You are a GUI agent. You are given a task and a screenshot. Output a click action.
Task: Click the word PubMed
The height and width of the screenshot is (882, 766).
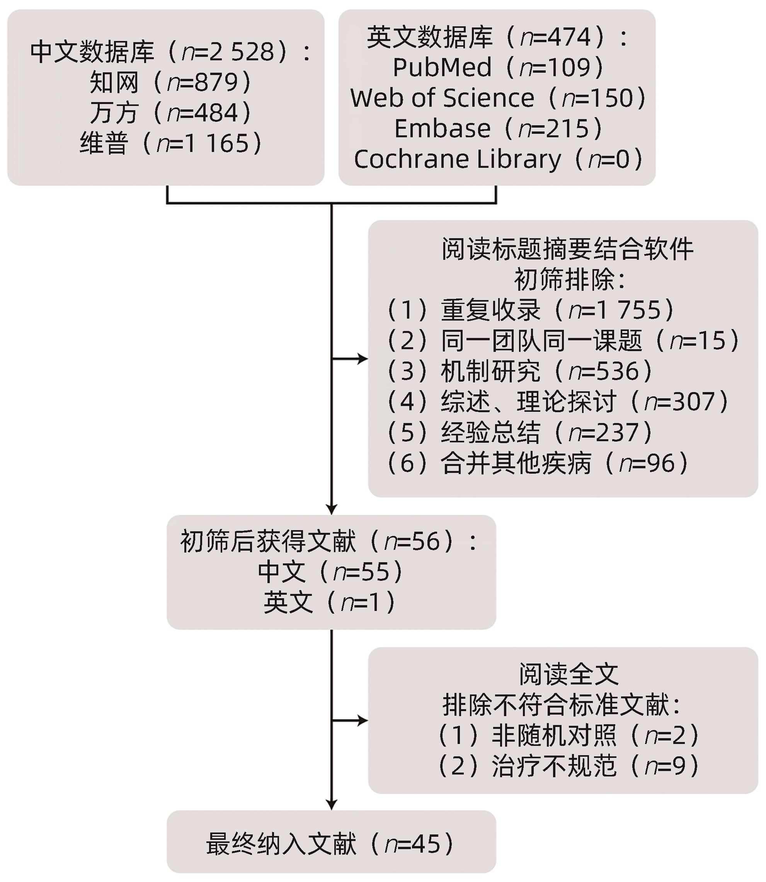442,68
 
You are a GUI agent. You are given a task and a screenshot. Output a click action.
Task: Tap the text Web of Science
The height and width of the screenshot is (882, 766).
442,98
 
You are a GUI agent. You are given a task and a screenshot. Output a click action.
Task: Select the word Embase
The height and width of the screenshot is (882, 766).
442,128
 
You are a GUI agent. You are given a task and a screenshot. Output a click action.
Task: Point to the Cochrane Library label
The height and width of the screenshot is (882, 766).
457,159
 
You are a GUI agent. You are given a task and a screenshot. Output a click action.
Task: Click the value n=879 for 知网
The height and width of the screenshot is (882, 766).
202,82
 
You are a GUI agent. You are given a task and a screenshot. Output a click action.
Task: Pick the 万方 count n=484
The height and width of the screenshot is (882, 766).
202,113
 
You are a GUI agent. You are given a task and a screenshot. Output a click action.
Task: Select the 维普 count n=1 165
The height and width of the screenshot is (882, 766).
203,143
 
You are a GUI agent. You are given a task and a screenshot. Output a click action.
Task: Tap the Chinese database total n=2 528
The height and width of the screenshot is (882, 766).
228,52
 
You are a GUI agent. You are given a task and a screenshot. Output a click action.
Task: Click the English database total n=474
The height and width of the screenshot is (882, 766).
555,37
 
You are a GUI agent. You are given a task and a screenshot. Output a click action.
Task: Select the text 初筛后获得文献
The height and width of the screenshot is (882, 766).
268,541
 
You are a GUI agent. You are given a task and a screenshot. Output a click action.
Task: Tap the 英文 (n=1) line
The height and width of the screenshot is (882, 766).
330,602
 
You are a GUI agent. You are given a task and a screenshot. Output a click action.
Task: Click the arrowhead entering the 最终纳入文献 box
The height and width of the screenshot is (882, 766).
331,805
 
